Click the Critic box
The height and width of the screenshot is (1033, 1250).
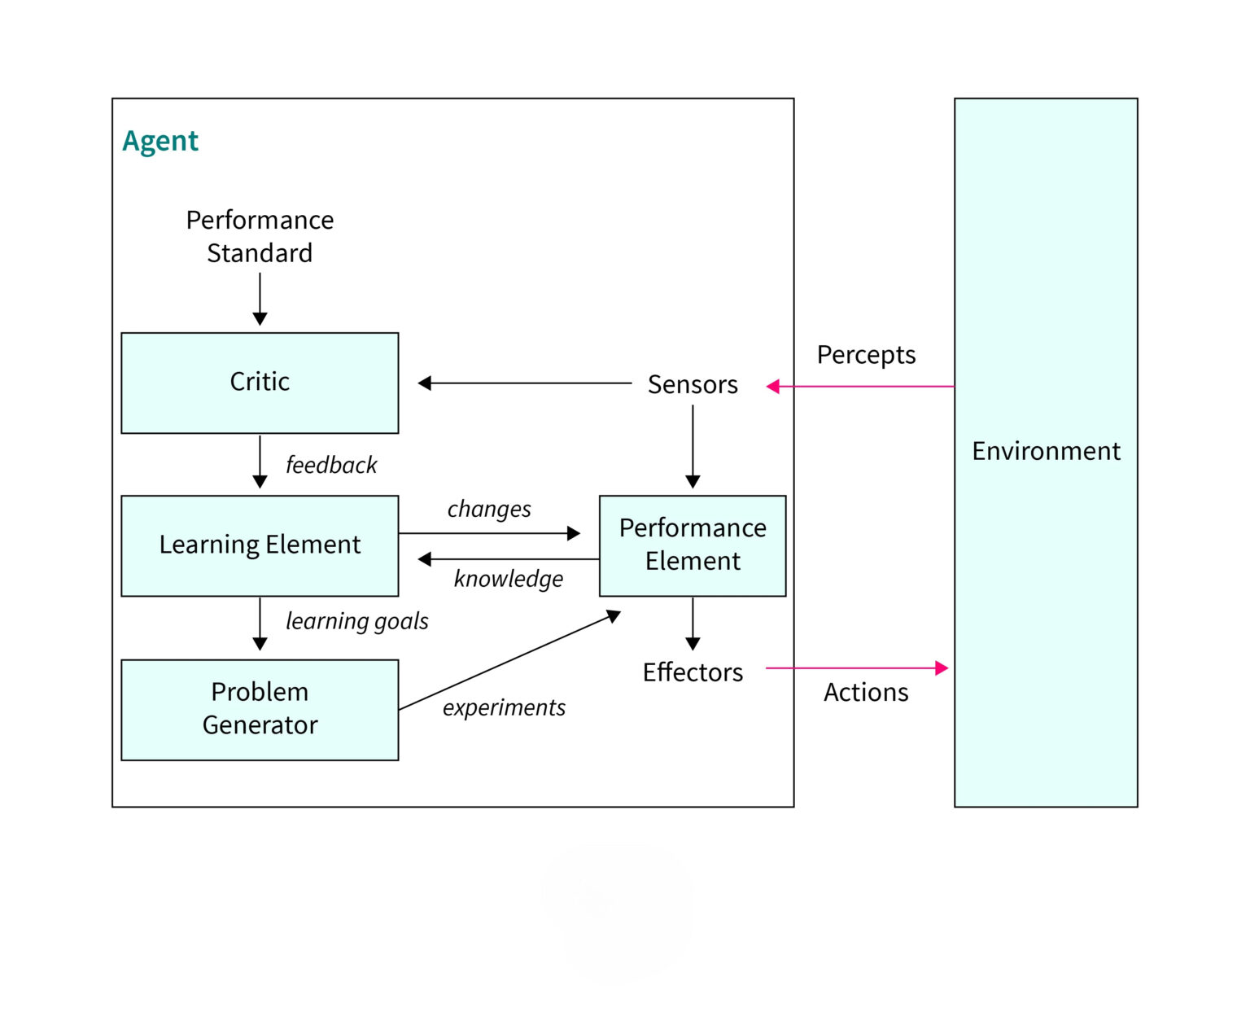(260, 383)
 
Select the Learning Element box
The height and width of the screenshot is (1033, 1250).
(260, 545)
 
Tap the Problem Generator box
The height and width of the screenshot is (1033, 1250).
(260, 709)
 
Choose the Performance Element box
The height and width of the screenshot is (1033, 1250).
(693, 545)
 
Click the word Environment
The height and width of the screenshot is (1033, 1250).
(1046, 451)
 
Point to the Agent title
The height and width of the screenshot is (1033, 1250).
(160, 142)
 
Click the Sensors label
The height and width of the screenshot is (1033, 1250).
(693, 384)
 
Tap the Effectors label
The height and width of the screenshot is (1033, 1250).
(693, 672)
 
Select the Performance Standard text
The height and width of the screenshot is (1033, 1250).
(260, 236)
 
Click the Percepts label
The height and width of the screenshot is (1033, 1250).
(866, 355)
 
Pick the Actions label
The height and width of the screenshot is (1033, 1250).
(866, 692)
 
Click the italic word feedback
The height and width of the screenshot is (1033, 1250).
(331, 465)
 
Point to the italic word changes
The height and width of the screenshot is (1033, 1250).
(489, 510)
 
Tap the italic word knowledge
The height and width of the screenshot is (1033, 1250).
(509, 579)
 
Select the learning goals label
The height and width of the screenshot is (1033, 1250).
(356, 621)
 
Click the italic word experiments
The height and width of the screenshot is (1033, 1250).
(504, 707)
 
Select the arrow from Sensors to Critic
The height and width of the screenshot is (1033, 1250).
(525, 383)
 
